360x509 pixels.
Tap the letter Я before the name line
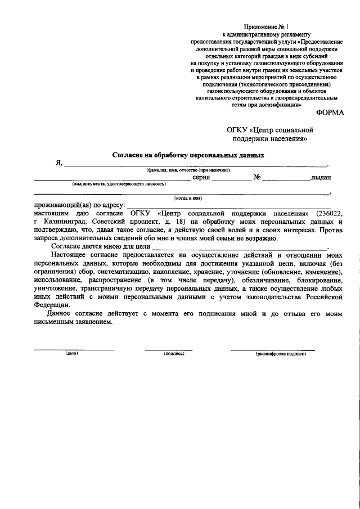coord(57,163)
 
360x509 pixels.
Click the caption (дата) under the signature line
coord(71,354)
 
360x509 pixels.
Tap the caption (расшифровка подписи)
coord(280,354)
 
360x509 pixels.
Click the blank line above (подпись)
coord(168,349)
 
